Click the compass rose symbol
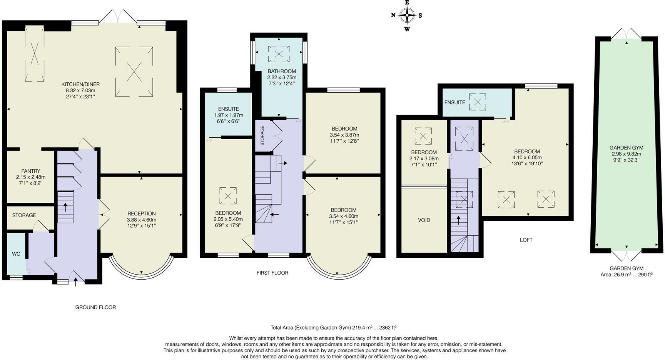click(407, 16)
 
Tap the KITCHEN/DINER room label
click(80, 84)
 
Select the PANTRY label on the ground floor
click(31, 171)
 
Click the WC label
click(16, 254)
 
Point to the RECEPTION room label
click(142, 214)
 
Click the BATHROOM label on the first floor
click(282, 71)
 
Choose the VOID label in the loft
click(424, 220)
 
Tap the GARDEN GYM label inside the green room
click(626, 148)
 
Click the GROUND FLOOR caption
click(95, 307)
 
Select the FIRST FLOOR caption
click(272, 273)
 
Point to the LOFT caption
click(526, 240)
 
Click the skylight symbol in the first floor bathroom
click(279, 54)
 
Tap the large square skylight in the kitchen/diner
click(134, 72)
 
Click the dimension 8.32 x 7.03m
click(80, 90)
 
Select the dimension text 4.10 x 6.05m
click(527, 157)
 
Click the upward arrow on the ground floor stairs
click(65, 207)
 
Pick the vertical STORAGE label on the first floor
click(262, 135)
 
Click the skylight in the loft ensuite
click(477, 102)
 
